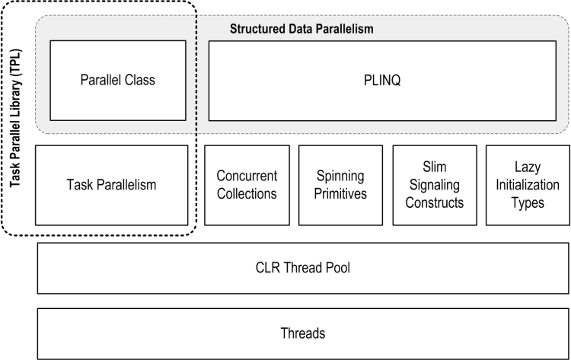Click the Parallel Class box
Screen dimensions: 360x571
(x=118, y=80)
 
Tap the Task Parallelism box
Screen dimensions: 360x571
(x=111, y=185)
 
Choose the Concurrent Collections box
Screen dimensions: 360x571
(x=247, y=185)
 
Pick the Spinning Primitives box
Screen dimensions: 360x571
(x=340, y=185)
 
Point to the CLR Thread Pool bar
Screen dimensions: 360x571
(x=303, y=268)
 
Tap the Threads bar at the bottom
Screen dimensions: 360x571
(x=303, y=333)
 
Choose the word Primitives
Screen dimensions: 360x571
(x=340, y=193)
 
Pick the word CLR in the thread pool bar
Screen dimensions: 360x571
(x=269, y=268)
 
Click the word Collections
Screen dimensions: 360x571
(x=247, y=193)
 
